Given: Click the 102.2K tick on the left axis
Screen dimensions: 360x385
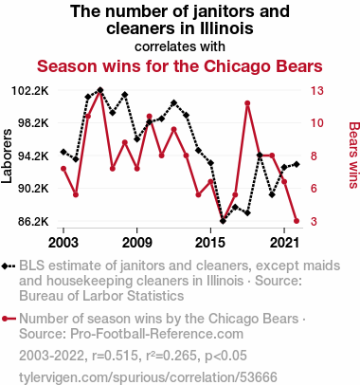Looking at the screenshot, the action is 30,91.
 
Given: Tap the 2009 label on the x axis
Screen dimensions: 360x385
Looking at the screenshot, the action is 136,243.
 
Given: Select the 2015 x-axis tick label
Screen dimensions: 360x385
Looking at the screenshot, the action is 210,243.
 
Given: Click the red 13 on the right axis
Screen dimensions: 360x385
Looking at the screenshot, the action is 316,91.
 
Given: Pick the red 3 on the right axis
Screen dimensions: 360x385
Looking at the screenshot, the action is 314,221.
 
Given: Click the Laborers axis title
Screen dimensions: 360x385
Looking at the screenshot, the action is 7,156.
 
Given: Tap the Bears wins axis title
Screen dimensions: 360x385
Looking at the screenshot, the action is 354,156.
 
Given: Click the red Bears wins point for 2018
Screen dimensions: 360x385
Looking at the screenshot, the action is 247,103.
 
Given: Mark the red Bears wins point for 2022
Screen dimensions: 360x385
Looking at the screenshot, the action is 297,221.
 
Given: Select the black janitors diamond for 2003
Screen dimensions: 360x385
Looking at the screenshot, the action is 63,152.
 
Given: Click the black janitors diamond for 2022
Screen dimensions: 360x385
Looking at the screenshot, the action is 297,164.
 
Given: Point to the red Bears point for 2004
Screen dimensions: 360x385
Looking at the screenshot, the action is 76,194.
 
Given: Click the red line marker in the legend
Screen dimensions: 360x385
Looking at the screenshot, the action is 9,319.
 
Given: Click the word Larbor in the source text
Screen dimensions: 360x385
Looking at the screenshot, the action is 101,296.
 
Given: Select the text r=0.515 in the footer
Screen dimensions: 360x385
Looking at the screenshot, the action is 116,356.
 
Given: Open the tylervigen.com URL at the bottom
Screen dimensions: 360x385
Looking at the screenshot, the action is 148,377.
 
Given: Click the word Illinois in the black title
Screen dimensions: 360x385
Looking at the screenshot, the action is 226,27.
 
